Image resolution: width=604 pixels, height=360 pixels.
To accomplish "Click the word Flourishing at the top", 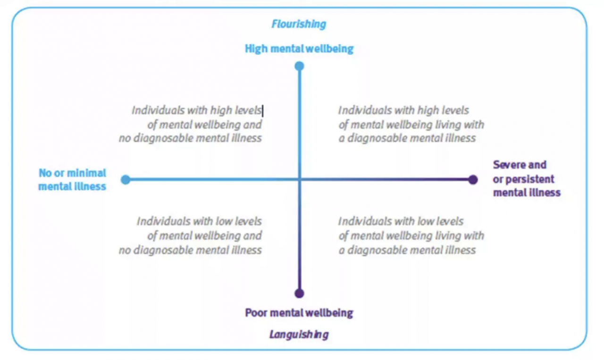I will coord(299,24).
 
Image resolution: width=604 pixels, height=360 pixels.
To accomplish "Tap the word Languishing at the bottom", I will coord(299,335).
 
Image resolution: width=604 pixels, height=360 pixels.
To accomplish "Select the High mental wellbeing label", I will coord(299,49).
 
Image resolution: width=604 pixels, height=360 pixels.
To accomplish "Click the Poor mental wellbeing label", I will coord(299,312).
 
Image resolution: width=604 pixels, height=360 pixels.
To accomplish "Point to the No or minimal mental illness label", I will coord(72,180).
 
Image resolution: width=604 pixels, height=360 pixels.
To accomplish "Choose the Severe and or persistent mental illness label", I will coord(527,179).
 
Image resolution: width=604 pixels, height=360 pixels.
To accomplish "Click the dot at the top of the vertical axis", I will coord(299,66).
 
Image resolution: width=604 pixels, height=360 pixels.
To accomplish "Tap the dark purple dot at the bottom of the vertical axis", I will coord(299,293).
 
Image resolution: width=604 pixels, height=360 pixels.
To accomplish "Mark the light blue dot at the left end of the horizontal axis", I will coord(126,179).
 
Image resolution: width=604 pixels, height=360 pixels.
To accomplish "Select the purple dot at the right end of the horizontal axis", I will coord(473,179).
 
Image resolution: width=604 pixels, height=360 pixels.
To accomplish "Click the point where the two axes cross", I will coord(299,179).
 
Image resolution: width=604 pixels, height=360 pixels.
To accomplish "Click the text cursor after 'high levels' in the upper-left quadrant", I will coord(262,111).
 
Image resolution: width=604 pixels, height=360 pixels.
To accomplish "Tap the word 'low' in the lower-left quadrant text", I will coord(224,221).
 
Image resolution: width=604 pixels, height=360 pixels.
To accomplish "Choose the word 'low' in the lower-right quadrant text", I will coord(426,221).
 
